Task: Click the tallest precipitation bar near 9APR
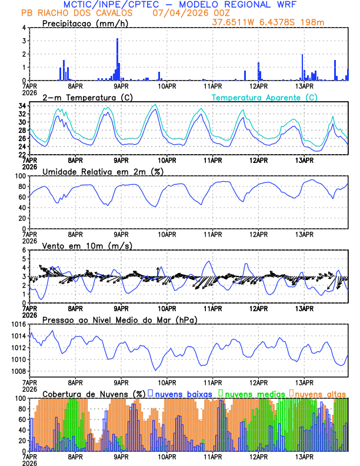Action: point(118,59)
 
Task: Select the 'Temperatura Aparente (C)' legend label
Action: point(265,97)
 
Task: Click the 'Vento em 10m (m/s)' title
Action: point(86,245)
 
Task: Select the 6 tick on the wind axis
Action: point(24,250)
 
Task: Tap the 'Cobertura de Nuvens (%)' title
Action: point(93,393)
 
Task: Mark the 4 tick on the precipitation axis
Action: point(24,28)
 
